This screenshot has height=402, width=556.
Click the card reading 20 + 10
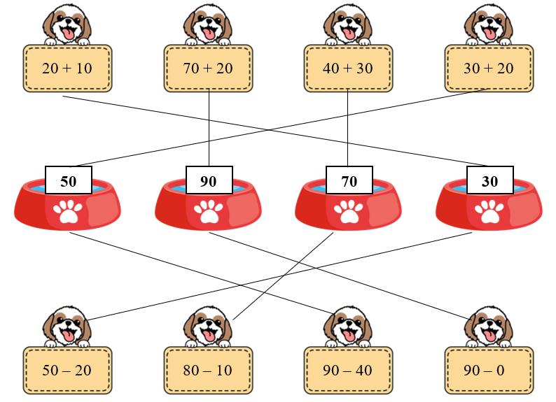(x=67, y=69)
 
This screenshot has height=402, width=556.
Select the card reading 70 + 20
(x=208, y=69)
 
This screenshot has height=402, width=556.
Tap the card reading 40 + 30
(x=348, y=69)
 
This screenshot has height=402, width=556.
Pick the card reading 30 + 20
(x=488, y=69)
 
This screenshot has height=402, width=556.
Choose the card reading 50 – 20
(x=67, y=370)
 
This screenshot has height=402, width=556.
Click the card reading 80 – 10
(x=208, y=370)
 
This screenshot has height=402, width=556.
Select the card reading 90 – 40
(x=348, y=370)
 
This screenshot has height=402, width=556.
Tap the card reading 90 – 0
(x=488, y=370)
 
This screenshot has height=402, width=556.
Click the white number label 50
(x=69, y=181)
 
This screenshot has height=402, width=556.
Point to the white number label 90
(x=209, y=181)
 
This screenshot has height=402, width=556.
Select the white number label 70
(x=349, y=181)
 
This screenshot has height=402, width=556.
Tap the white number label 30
(x=490, y=181)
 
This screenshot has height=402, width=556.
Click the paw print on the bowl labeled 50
(x=69, y=211)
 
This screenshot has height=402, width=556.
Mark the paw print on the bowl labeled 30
(x=489, y=211)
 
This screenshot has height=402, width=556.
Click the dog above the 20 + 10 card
(x=67, y=25)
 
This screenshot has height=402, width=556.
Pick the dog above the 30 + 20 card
(x=488, y=25)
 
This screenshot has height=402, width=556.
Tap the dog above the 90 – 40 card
(x=348, y=326)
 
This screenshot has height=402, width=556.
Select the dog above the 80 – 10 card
(x=208, y=326)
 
